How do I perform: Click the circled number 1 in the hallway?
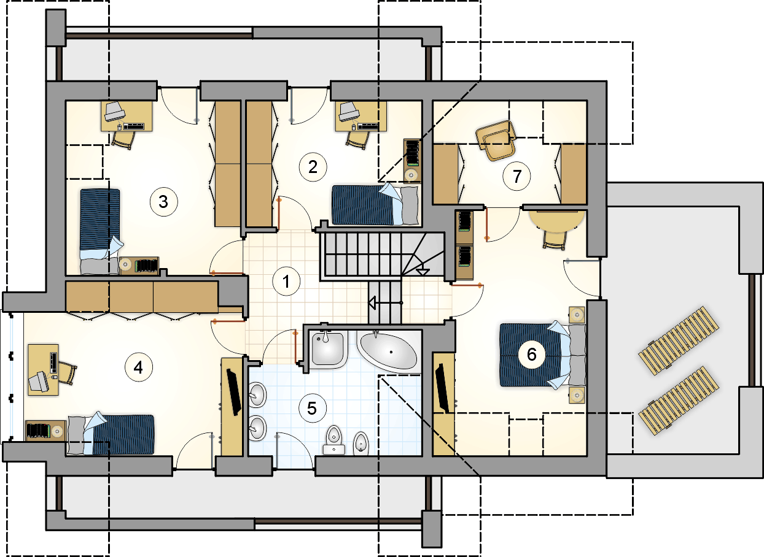[x=286, y=281]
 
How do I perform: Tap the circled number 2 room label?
[x=313, y=167]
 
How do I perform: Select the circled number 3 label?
[x=164, y=202]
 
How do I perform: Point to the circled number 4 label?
[x=138, y=367]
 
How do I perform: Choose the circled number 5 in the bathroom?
[x=312, y=408]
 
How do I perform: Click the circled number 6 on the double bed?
[x=532, y=355]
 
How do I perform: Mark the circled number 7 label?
[x=516, y=176]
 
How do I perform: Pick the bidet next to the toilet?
[x=361, y=444]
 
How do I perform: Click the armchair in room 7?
[x=497, y=140]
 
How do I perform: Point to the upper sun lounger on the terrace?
[x=679, y=340]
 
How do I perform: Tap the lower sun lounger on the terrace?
[x=679, y=401]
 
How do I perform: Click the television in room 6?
[x=442, y=387]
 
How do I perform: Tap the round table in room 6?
[x=556, y=221]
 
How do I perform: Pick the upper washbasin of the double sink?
[x=257, y=394]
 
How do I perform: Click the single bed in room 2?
[x=375, y=205]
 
